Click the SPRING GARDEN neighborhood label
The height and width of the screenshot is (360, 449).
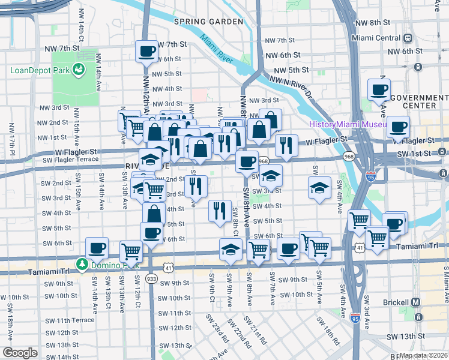click(x=208, y=22)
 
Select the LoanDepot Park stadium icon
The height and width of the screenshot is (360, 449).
click(x=79, y=70)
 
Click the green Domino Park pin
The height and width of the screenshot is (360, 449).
click(x=81, y=264)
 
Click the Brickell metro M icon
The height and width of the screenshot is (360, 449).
click(x=416, y=302)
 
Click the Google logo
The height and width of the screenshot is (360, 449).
click(x=20, y=352)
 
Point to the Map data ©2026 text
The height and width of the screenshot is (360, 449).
click(x=423, y=355)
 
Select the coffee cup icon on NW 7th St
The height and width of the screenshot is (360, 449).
click(x=146, y=51)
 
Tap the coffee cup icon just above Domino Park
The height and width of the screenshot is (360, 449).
click(x=97, y=248)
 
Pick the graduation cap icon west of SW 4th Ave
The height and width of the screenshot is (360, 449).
click(x=320, y=187)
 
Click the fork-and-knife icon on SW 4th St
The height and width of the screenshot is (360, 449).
click(x=219, y=210)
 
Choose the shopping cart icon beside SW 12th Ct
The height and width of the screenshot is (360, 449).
click(x=131, y=251)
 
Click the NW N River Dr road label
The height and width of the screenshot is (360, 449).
click(x=291, y=86)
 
